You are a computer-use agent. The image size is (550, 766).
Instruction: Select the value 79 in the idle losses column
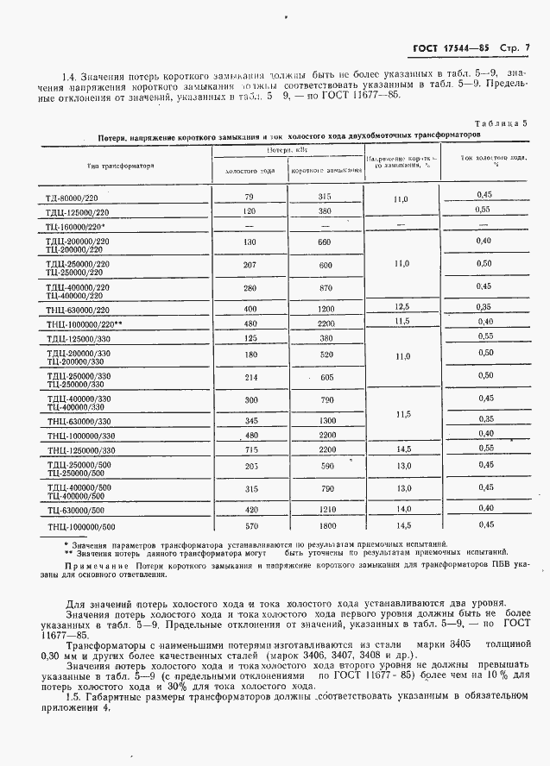tap(250, 198)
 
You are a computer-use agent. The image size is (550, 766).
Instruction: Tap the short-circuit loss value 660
tap(325, 242)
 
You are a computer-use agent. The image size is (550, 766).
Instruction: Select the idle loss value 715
tap(250, 449)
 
